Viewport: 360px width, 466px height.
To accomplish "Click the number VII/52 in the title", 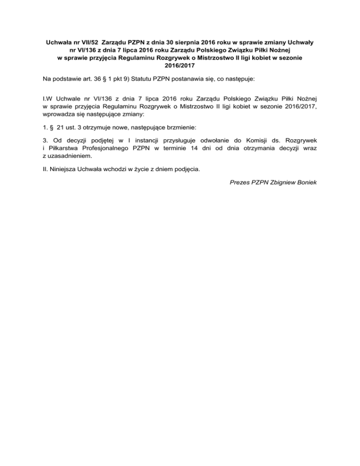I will click(89, 42).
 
